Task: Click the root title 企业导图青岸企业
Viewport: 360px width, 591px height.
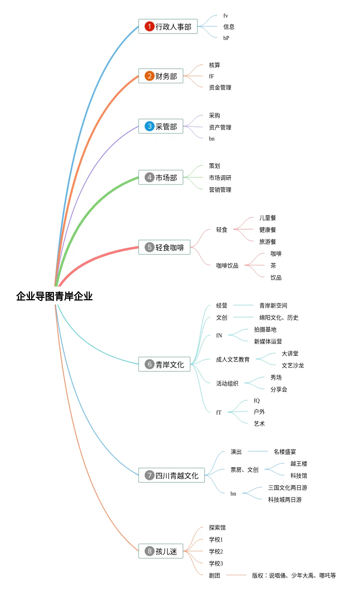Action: coord(54,296)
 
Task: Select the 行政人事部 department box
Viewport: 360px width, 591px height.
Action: coord(168,27)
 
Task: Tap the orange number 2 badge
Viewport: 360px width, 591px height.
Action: coord(149,76)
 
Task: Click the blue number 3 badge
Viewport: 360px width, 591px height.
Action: coord(149,126)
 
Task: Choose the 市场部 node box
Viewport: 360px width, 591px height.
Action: coord(161,178)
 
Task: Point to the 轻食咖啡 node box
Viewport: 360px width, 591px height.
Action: coord(164,247)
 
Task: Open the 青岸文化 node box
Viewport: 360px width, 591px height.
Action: coord(164,364)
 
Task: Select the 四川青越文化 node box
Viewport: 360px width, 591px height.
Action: coord(171,475)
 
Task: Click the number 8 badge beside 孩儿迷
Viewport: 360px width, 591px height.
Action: coord(149,551)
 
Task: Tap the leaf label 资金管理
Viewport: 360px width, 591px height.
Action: coord(220,87)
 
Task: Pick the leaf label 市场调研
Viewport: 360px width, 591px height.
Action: coord(220,178)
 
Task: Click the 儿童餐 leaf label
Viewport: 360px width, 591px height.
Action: coord(267,218)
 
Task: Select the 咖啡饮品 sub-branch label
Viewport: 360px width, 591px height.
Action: coord(227,266)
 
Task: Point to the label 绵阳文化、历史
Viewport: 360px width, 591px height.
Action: coord(278,317)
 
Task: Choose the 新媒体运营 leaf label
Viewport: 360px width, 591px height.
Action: coord(268,341)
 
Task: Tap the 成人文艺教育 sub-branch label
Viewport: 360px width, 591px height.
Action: coord(233,359)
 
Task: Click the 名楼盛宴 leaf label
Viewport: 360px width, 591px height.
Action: coord(284,452)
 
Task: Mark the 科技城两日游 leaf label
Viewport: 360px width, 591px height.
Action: coord(284,500)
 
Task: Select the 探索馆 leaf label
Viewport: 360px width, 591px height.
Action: coord(217,528)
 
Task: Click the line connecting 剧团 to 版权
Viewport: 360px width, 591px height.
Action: coord(236,575)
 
